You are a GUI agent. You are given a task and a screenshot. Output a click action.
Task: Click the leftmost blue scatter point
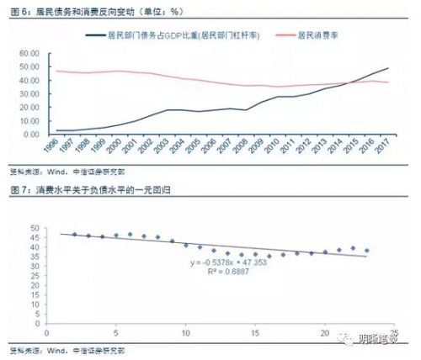(x=74, y=235)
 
